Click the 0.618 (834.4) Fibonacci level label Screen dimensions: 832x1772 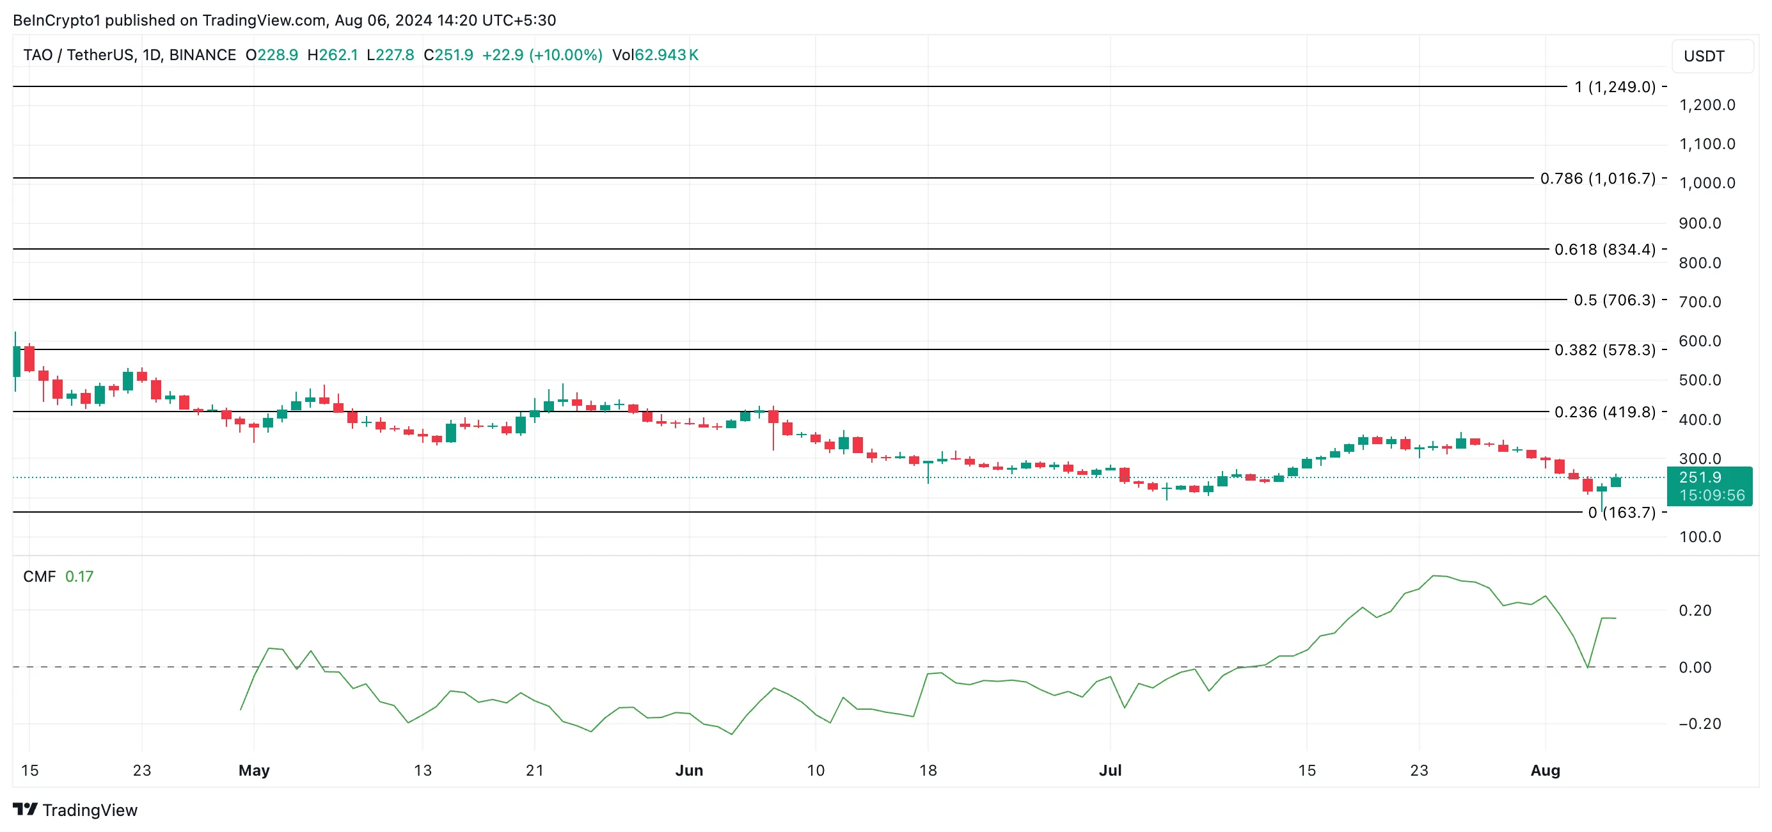coord(1604,249)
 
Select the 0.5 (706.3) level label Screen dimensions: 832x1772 coord(1614,300)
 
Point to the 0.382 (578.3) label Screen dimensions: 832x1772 coord(1604,350)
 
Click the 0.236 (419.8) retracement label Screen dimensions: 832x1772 coord(1604,412)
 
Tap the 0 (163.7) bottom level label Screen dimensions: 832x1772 coord(1622,513)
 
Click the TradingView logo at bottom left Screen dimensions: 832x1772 coord(75,810)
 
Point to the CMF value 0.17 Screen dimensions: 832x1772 coord(79,577)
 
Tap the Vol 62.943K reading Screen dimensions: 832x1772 coord(655,55)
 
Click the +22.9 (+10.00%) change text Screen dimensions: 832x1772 coord(542,55)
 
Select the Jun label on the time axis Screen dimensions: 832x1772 coord(688,771)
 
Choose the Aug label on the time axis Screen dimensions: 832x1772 coord(1544,771)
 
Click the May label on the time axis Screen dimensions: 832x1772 coord(254,771)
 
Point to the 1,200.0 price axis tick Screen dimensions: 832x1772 coord(1707,106)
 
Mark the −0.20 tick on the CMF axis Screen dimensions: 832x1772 coord(1699,724)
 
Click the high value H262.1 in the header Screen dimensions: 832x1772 coord(332,55)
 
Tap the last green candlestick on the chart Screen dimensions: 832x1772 coord(1616,482)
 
